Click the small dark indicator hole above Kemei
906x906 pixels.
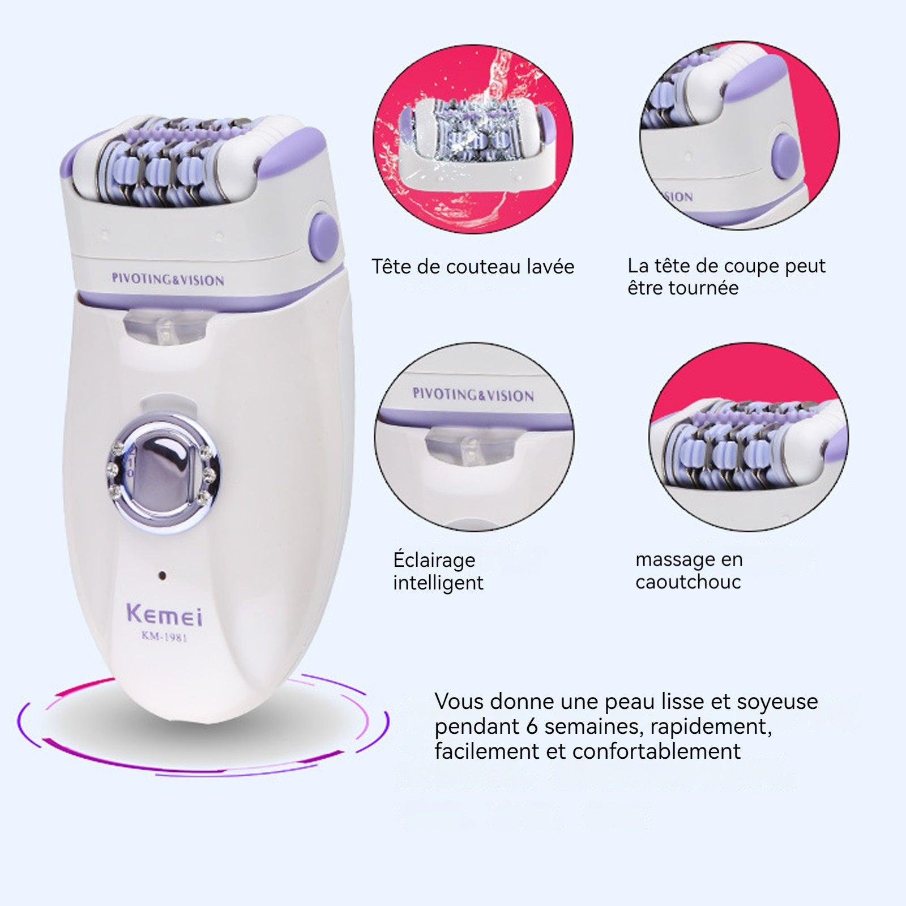click(163, 575)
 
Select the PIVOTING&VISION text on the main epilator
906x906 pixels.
click(168, 279)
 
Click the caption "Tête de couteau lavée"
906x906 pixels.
click(473, 267)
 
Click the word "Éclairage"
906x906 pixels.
click(434, 560)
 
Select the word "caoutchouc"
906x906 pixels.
click(688, 582)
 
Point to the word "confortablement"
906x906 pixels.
click(656, 751)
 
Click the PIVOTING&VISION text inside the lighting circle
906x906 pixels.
click(473, 395)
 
